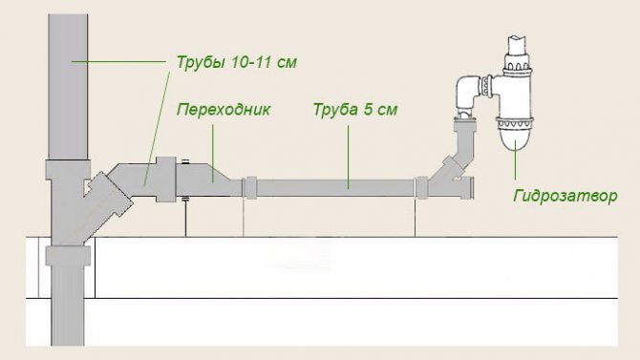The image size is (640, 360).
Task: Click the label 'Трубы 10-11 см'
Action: (x=236, y=63)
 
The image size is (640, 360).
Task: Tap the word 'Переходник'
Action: (x=224, y=110)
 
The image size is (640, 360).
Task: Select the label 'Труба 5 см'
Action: (x=355, y=110)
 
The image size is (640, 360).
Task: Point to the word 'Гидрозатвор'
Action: (x=565, y=196)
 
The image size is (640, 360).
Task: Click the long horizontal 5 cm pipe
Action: (x=334, y=186)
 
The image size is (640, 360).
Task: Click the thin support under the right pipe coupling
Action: (x=416, y=218)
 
